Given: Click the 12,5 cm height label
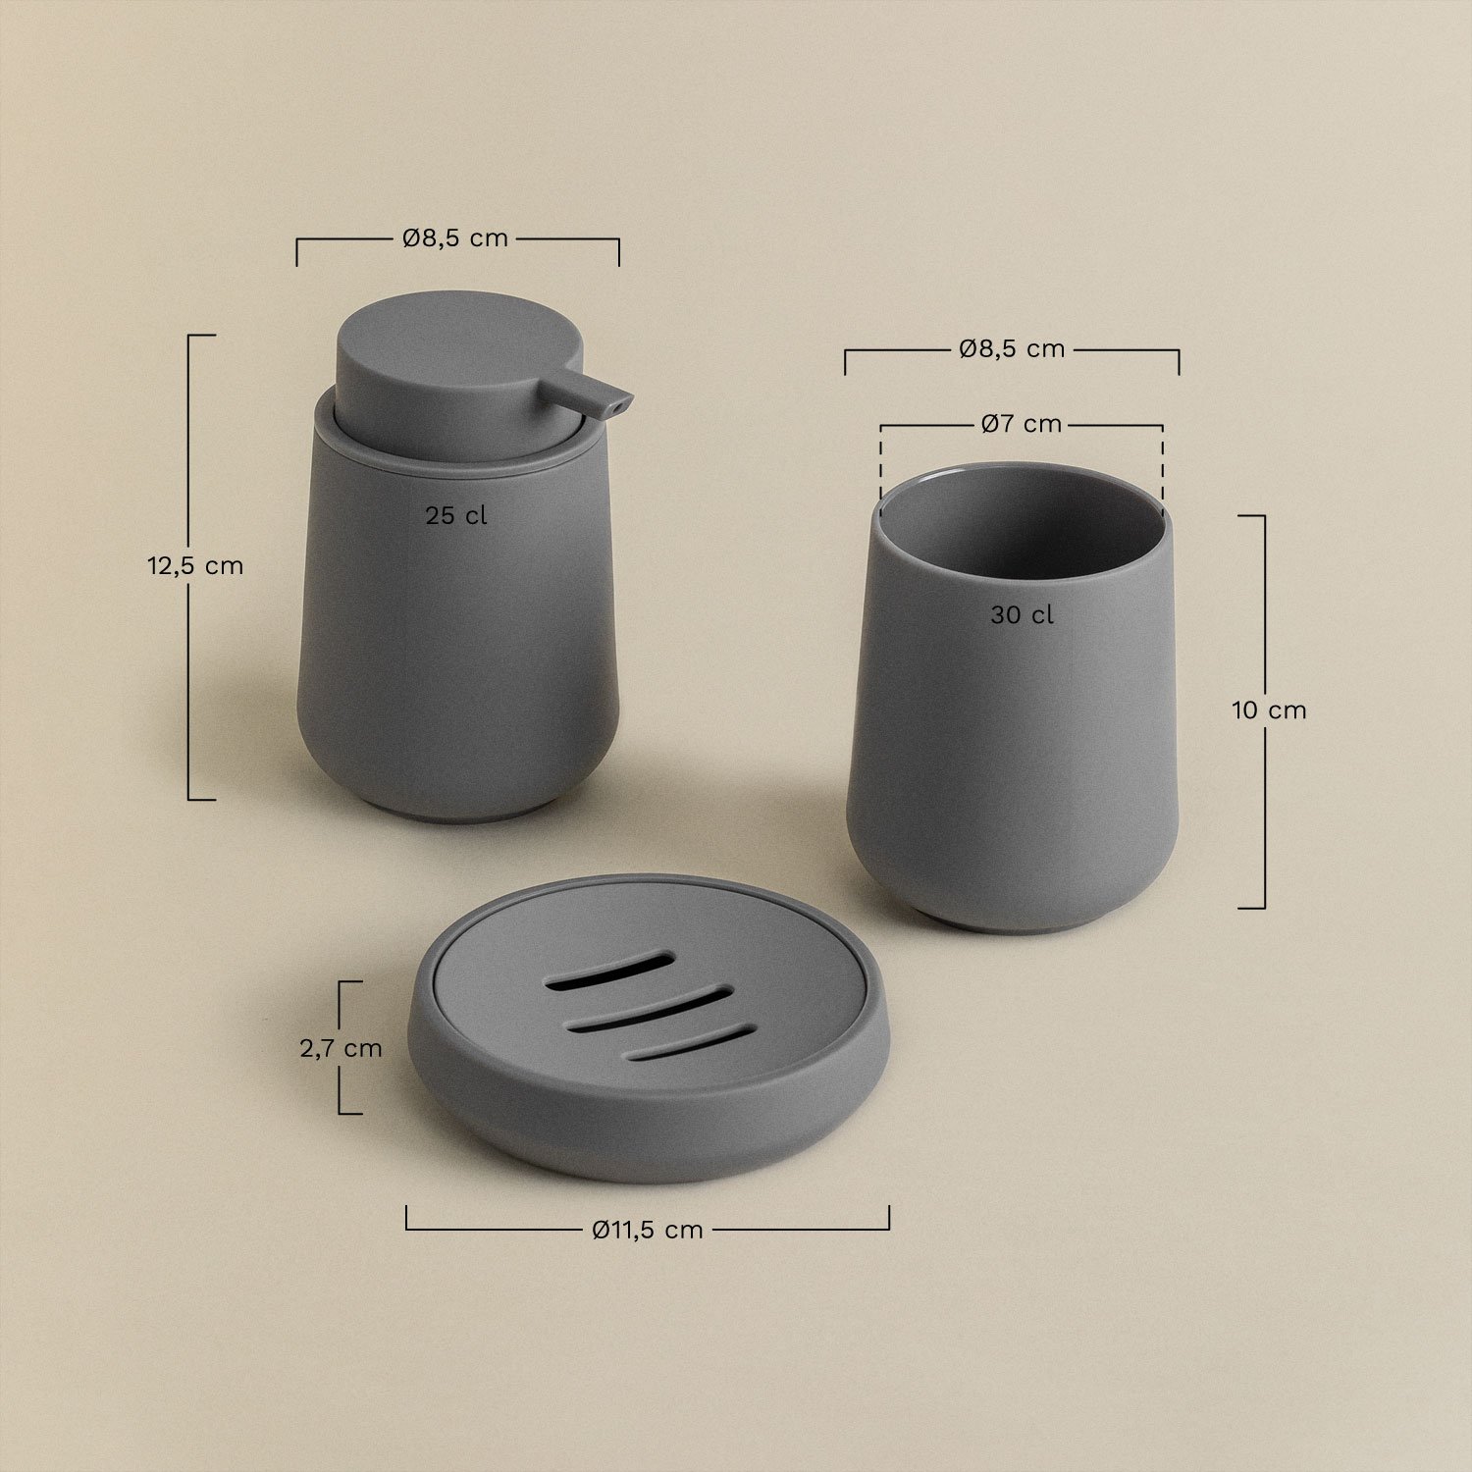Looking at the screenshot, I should [195, 566].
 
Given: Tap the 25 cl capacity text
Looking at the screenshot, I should [455, 516].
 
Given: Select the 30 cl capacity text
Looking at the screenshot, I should [1022, 615].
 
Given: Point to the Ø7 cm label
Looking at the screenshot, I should [1022, 424].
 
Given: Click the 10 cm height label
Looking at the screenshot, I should [1270, 710].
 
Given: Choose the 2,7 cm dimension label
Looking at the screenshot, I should [341, 1048].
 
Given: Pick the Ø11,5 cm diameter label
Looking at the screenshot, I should [648, 1230].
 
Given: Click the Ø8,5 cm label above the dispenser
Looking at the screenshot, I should [455, 238].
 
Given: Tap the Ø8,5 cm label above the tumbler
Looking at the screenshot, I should [1012, 349].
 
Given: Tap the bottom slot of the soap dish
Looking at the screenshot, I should [691, 1043].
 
